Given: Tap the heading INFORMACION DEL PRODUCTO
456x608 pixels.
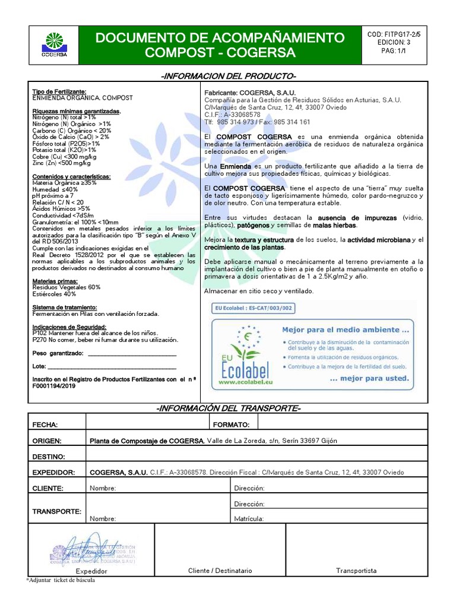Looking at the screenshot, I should point(228,77).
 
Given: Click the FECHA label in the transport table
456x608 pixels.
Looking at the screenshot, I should point(45,425).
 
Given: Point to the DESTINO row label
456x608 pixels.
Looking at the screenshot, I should point(49,457).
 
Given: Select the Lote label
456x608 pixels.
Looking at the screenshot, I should point(39,366).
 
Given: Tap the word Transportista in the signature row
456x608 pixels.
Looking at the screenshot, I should point(356,571).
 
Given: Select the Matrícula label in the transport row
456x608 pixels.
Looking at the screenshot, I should point(249,518).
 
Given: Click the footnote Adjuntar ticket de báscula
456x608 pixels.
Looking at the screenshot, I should point(61,580).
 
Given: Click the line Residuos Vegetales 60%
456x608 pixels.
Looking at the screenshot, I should point(66,287).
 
